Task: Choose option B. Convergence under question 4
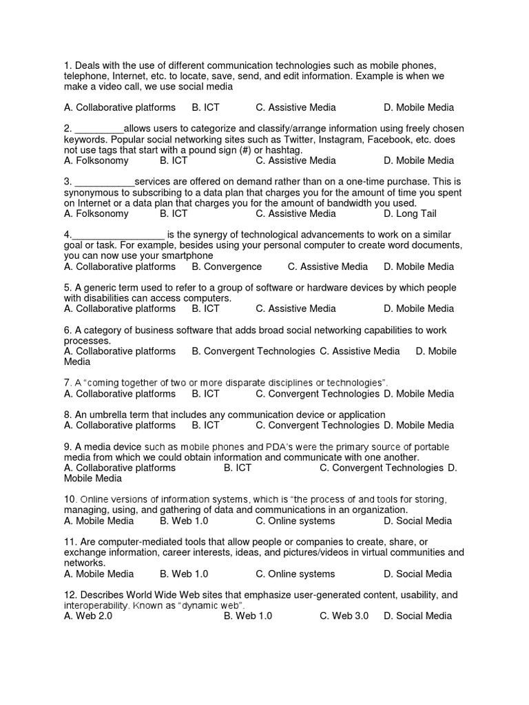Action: tap(227, 266)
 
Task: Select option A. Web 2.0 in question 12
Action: tap(88, 615)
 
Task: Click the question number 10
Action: tap(70, 499)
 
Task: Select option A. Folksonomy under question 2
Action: tap(96, 160)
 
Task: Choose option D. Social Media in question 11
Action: tap(417, 574)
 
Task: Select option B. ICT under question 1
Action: tap(205, 107)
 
